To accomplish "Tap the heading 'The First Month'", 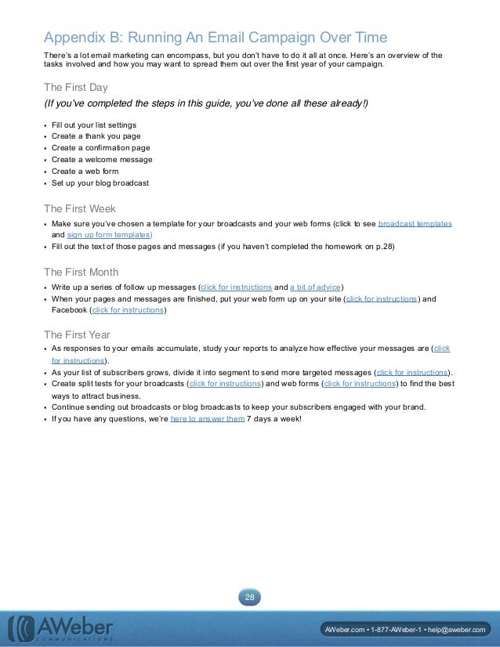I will coord(82,272).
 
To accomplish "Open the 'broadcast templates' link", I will coord(415,223).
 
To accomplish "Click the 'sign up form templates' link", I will coord(109,234).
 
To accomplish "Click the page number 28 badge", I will coord(250,598).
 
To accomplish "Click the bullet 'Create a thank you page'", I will coord(96,136).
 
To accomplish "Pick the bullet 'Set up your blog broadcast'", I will coord(100,183).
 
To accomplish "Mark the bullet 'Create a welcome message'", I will coord(102,160).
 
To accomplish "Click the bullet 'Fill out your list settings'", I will coord(94,125).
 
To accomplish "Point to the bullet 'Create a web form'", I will coord(85,172).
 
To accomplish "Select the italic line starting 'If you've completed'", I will coord(205,104).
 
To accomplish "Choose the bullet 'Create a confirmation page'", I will coord(100,148).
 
